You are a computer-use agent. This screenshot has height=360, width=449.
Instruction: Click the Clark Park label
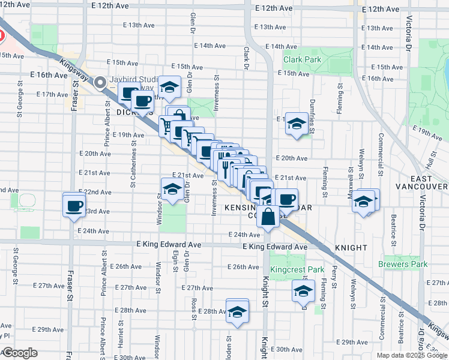pyautogui.click(x=301, y=59)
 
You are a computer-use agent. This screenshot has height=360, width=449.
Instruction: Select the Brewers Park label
pyautogui.click(x=403, y=264)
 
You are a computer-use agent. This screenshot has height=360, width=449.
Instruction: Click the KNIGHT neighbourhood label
pyautogui.click(x=351, y=247)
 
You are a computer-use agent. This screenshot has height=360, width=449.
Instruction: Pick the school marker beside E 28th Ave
pyautogui.click(x=238, y=311)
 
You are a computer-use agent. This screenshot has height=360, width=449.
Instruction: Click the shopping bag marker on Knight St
pyautogui.click(x=269, y=217)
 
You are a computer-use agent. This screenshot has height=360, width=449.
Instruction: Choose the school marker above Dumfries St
pyautogui.click(x=296, y=124)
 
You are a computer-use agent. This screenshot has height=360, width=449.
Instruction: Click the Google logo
pyautogui.click(x=20, y=353)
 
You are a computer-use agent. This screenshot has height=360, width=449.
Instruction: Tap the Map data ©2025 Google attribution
pyautogui.click(x=412, y=355)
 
